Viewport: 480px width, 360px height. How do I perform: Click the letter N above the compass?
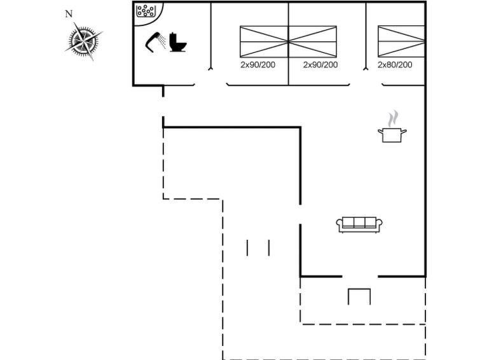coord(69,14)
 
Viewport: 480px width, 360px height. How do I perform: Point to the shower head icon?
coord(153,41)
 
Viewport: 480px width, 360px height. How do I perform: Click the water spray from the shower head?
coord(163,42)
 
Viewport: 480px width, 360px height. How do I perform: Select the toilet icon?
coord(178,42)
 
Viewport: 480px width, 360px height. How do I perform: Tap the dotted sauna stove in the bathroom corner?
coord(146,11)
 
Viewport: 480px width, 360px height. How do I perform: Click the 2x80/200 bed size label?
coord(395,65)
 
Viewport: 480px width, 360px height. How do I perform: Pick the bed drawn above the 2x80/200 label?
coord(401,41)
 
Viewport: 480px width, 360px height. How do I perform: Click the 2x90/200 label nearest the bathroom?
coord(257,65)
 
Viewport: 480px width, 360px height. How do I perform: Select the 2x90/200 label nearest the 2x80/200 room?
coord(320,65)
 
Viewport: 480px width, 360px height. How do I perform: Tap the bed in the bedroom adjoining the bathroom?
coord(264,41)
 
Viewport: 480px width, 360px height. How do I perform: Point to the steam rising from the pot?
coord(394,118)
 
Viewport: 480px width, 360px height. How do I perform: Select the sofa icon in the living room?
coord(359,224)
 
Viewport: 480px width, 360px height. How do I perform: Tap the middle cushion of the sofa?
coord(359,223)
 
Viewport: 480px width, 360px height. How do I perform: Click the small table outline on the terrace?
coord(359,296)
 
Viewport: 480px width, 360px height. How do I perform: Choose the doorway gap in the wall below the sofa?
coord(360,277)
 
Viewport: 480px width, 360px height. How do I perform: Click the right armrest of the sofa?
coord(379,224)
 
